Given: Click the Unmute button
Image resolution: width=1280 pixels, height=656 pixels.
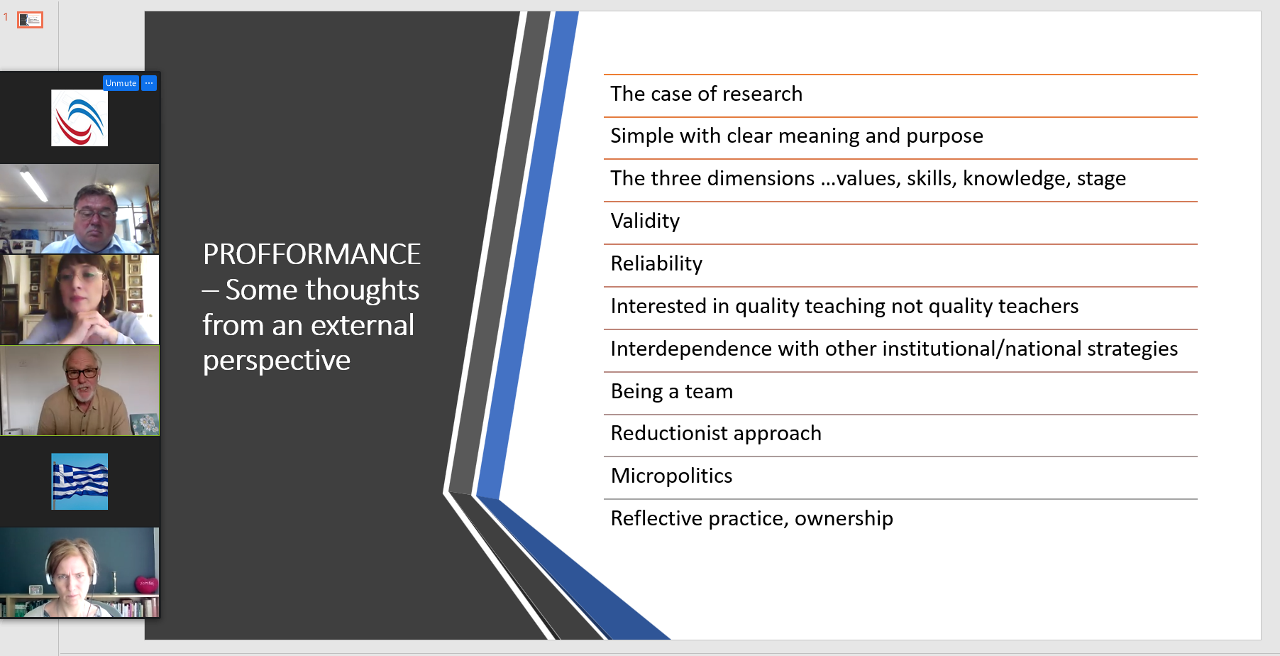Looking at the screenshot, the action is coord(121,83).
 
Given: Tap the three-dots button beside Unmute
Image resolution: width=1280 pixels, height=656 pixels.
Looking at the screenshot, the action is coord(149,83).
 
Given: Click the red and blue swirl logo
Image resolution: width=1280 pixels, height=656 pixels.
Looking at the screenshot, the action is coord(79,118).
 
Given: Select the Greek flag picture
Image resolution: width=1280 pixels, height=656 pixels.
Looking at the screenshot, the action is coord(79,481).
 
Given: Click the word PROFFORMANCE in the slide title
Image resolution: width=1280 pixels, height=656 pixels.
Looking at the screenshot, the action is coord(311,254).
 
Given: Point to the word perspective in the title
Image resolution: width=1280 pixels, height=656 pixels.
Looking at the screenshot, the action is coord(277,361).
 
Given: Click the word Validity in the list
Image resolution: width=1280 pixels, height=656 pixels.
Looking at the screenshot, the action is coord(645,221).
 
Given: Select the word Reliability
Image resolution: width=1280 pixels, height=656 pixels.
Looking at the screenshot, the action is coord(656,263).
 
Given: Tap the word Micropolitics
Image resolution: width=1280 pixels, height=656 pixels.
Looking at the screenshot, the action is coord(671,476).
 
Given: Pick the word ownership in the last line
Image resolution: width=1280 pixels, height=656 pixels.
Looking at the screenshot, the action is coord(844,519).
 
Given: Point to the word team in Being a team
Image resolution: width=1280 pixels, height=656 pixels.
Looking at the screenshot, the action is coord(709,391).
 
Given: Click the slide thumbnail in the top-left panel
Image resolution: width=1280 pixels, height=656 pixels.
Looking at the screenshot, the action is coord(30,20).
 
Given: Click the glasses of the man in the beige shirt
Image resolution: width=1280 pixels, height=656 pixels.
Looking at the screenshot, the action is coord(82,373).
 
